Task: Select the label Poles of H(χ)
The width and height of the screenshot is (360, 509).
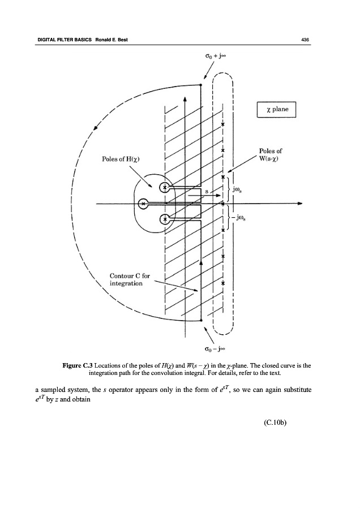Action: coord(121,159)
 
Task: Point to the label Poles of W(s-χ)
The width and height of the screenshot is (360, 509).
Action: coord(271,154)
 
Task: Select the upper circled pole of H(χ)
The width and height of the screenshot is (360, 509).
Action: coord(165,187)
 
